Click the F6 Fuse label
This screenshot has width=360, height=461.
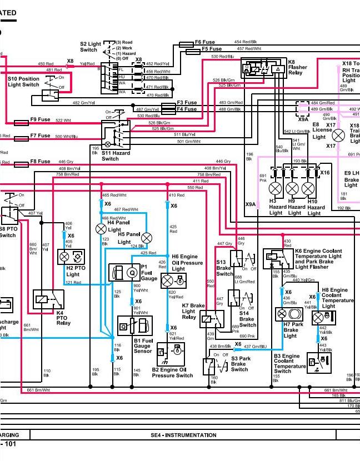pos(204,42)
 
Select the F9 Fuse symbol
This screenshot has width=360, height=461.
pos(21,121)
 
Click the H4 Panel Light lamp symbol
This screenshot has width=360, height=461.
pos(101,228)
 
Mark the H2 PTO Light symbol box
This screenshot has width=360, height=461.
pos(70,257)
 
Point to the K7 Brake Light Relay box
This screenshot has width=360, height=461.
pos(211,319)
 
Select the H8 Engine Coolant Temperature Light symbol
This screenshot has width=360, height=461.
pos(318,317)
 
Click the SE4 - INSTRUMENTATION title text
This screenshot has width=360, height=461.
pos(183,435)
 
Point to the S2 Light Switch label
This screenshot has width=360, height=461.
pos(91,47)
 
